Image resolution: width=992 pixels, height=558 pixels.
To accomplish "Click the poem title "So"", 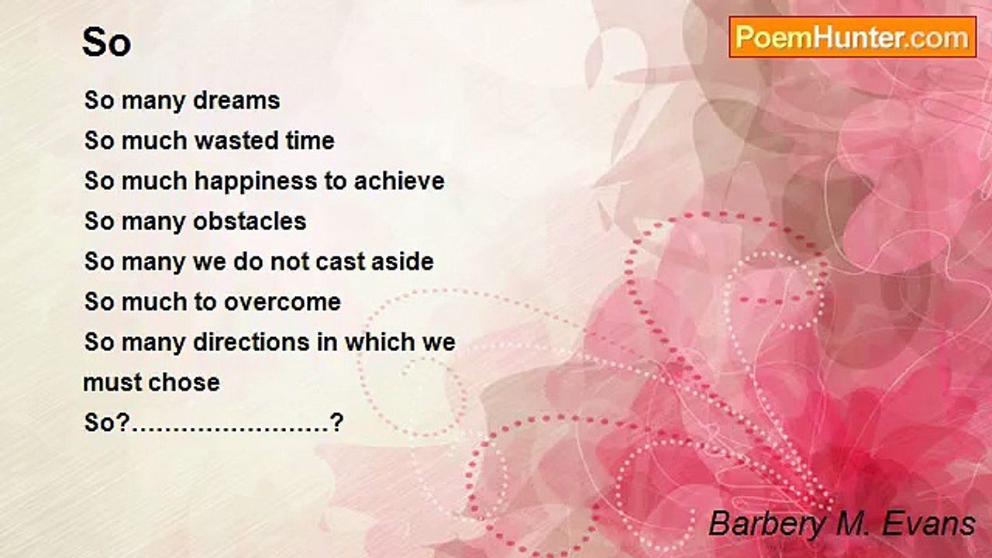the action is click(x=107, y=43).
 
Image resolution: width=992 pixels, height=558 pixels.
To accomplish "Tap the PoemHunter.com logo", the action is click(x=852, y=37).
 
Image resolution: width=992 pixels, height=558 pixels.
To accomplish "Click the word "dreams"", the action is click(x=237, y=101).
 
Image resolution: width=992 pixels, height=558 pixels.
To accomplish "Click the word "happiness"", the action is click(x=256, y=182).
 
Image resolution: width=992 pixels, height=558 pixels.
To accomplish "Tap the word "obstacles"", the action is click(x=250, y=222).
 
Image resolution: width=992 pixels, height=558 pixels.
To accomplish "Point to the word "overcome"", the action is click(x=283, y=302).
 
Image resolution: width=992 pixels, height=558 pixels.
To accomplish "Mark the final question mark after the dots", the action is click(x=336, y=422).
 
